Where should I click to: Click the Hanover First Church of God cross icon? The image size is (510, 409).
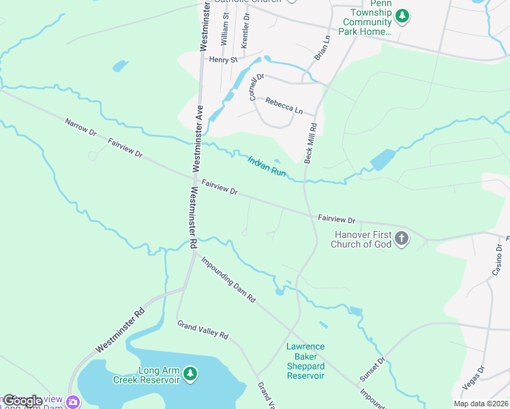pyautogui.click(x=402, y=238)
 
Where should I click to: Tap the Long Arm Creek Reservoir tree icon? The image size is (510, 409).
pyautogui.click(x=192, y=374)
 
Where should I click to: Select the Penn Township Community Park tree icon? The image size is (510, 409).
pyautogui.click(x=402, y=14)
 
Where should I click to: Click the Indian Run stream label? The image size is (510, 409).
pyautogui.click(x=267, y=166)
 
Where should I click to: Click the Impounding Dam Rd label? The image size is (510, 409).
pyautogui.click(x=228, y=279)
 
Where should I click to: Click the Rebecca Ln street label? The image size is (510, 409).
pyautogui.click(x=284, y=106)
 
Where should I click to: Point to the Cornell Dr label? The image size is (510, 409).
pyautogui.click(x=256, y=87)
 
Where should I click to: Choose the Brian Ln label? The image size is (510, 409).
pyautogui.click(x=322, y=48)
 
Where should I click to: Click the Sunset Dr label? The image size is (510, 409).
pyautogui.click(x=372, y=369)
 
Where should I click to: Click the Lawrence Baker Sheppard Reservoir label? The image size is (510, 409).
pyautogui.click(x=305, y=361)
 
